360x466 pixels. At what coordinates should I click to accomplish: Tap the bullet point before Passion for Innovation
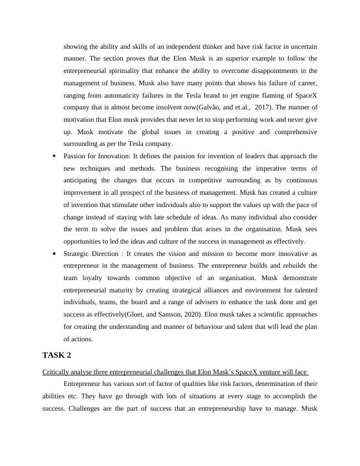(54, 157)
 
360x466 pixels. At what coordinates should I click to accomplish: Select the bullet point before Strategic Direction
(54, 254)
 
